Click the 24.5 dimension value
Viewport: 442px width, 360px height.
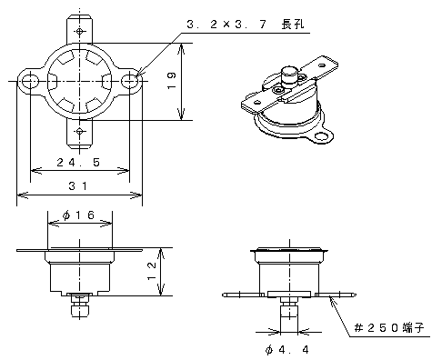(x=78, y=163)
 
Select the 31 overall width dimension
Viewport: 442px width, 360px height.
(x=78, y=185)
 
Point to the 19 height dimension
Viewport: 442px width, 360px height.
(x=172, y=80)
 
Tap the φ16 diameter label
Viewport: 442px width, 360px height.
(x=78, y=215)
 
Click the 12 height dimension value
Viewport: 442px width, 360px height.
(x=152, y=272)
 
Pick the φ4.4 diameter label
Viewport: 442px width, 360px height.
(x=286, y=350)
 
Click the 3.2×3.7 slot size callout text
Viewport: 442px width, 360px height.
(x=226, y=24)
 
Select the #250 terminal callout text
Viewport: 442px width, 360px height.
(x=389, y=327)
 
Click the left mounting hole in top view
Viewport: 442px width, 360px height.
(x=30, y=81)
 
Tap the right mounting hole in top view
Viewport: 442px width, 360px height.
(x=130, y=81)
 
